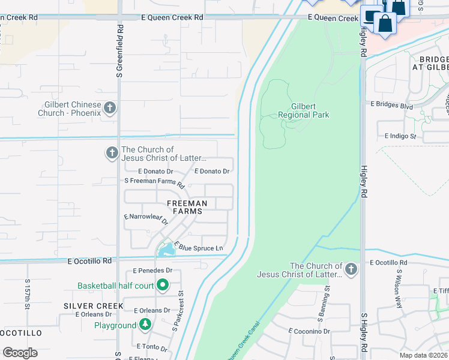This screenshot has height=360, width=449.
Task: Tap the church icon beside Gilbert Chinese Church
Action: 109,108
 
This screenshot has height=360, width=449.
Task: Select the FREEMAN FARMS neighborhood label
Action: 186,207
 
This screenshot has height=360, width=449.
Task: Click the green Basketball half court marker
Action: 162,285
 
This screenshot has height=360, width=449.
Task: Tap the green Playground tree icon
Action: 145,325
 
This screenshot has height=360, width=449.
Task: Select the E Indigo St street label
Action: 400,136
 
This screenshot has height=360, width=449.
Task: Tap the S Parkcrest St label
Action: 178,311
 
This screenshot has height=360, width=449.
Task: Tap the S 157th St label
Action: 28,294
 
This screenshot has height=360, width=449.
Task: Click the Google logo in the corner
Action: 20,352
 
